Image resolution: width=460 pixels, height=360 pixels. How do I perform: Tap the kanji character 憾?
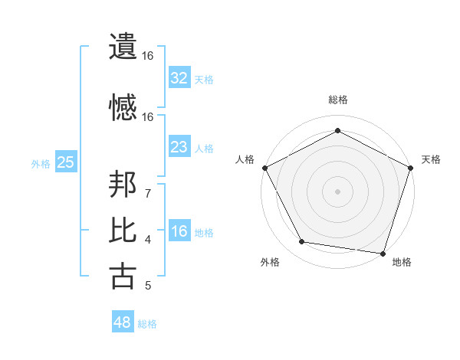click(123, 107)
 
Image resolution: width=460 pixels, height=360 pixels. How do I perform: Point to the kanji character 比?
click(123, 230)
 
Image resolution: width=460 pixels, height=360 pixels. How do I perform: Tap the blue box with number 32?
click(179, 77)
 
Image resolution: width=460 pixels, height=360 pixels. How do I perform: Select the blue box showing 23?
click(179, 147)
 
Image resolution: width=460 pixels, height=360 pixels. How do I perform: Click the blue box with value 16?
click(179, 231)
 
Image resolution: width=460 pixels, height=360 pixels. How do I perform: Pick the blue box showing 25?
click(65, 162)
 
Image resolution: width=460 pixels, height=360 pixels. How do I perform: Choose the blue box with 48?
click(123, 322)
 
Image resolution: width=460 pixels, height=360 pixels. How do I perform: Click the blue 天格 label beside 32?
click(204, 79)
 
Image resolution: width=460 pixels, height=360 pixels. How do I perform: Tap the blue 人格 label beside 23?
click(204, 149)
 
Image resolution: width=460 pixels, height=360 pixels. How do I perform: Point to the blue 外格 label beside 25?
click(41, 163)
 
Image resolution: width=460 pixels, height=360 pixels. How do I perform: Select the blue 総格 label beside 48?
click(147, 324)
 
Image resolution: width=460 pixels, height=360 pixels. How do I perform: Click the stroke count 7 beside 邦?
click(147, 193)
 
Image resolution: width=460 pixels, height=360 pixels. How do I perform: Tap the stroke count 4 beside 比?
click(147, 240)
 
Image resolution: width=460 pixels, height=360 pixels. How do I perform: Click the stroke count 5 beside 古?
click(147, 286)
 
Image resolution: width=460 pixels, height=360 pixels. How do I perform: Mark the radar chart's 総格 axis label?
click(338, 100)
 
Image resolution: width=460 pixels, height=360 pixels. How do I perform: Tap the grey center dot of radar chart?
click(338, 191)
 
